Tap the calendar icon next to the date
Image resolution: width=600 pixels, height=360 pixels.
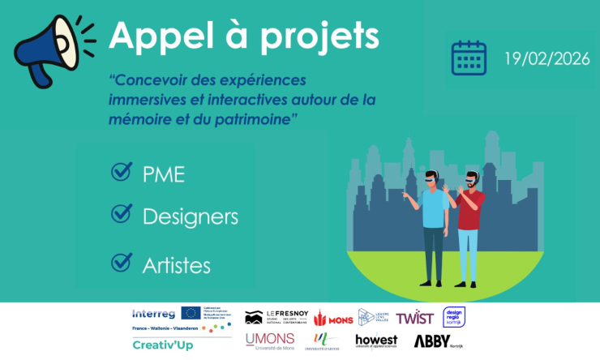tap(469, 58)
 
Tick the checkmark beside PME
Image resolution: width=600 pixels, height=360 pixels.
tap(122, 173)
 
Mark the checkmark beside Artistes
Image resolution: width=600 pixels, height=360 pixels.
tap(122, 262)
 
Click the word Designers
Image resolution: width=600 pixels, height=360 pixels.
tap(190, 216)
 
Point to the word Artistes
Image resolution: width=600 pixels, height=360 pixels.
tap(176, 265)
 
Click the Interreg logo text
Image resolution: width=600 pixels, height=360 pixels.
tap(153, 313)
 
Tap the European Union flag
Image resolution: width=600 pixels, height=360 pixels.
tap(191, 313)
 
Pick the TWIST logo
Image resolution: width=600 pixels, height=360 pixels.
tap(414, 317)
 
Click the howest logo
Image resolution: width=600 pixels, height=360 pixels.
tap(375, 341)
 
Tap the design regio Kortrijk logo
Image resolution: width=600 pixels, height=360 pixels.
tap(453, 317)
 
